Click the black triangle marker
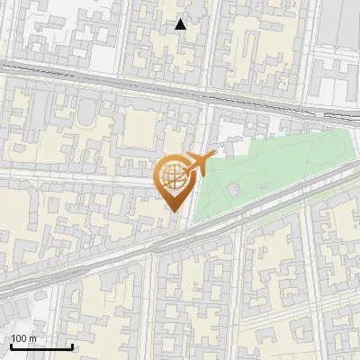point(181,24)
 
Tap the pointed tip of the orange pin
point(173,211)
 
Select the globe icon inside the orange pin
point(172,175)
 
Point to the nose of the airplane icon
point(214,155)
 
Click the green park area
point(270,166)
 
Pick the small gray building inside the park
point(234,189)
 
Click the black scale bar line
point(41,346)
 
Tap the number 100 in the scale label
point(19,338)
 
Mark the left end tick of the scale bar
point(11,345)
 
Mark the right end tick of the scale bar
point(72,345)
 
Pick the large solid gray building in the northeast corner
point(342,22)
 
